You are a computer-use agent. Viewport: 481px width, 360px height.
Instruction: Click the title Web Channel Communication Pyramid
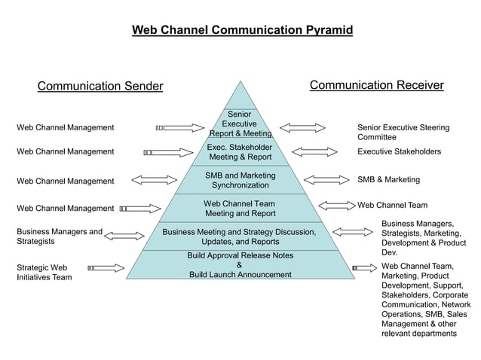click(242, 30)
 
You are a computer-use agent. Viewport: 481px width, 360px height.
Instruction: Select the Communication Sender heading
click(100, 86)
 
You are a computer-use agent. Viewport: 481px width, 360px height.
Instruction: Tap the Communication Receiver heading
click(376, 85)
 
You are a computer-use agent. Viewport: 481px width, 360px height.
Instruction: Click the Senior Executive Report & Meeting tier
click(240, 124)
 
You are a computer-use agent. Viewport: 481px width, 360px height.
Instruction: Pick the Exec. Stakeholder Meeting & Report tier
click(240, 152)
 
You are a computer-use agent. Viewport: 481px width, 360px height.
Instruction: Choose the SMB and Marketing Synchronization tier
click(240, 180)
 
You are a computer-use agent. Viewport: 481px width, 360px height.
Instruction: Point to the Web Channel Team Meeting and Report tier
click(240, 209)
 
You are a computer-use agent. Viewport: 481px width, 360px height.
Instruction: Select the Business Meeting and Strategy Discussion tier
click(240, 236)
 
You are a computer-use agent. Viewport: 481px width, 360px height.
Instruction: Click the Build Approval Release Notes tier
click(240, 264)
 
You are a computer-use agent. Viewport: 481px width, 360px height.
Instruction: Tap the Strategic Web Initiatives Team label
click(44, 273)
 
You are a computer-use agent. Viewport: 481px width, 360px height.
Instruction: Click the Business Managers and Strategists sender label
click(60, 236)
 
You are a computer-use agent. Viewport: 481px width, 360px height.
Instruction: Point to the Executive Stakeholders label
click(399, 151)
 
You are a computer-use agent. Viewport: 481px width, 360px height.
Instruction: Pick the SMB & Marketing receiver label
click(388, 180)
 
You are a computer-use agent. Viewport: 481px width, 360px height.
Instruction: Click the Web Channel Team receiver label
click(392, 205)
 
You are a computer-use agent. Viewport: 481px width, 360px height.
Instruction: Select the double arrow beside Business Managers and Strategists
click(124, 236)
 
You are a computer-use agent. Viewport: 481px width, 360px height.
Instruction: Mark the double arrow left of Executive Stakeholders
click(314, 152)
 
